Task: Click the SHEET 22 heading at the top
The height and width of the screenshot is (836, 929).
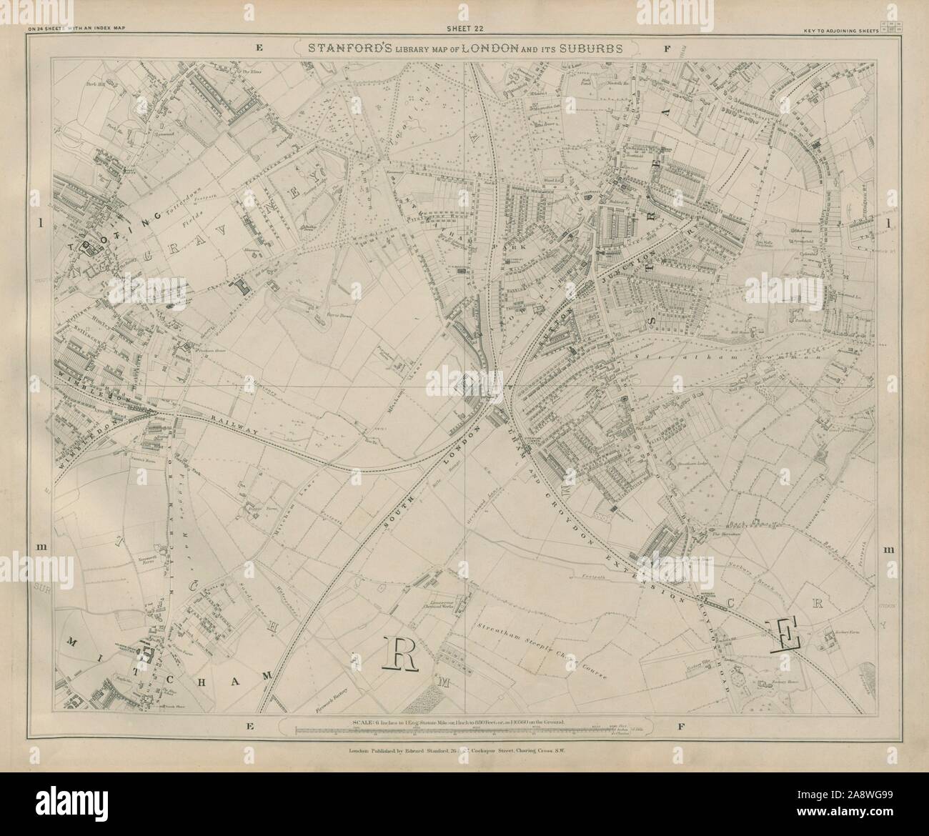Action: pyautogui.click(x=464, y=29)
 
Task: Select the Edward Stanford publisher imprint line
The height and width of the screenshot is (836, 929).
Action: pyautogui.click(x=464, y=750)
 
